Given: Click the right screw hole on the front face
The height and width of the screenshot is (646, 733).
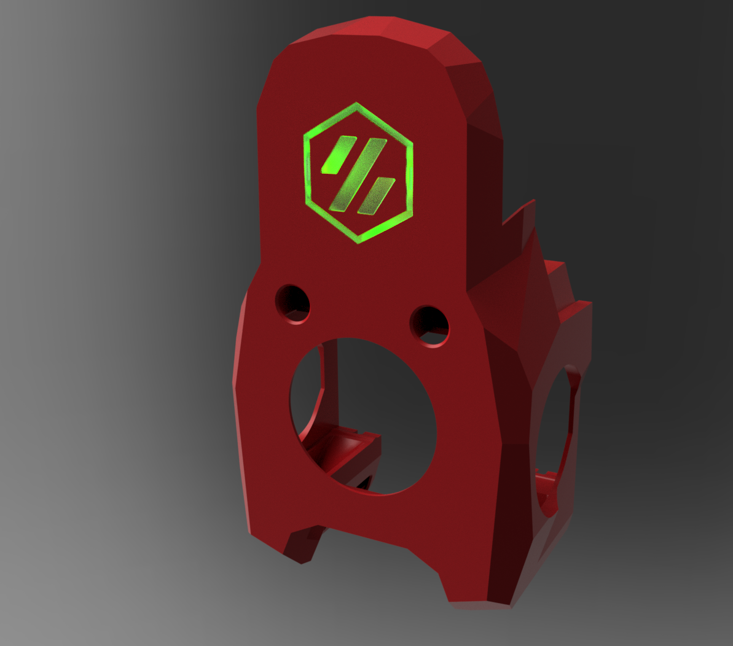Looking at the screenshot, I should tap(429, 325).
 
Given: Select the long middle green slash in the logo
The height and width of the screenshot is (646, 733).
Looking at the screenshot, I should tap(358, 174).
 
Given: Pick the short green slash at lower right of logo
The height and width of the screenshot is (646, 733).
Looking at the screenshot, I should tap(376, 196).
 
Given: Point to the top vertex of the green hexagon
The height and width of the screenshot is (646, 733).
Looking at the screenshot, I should tap(356, 104).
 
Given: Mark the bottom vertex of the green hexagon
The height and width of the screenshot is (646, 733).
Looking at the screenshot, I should tap(358, 241).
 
